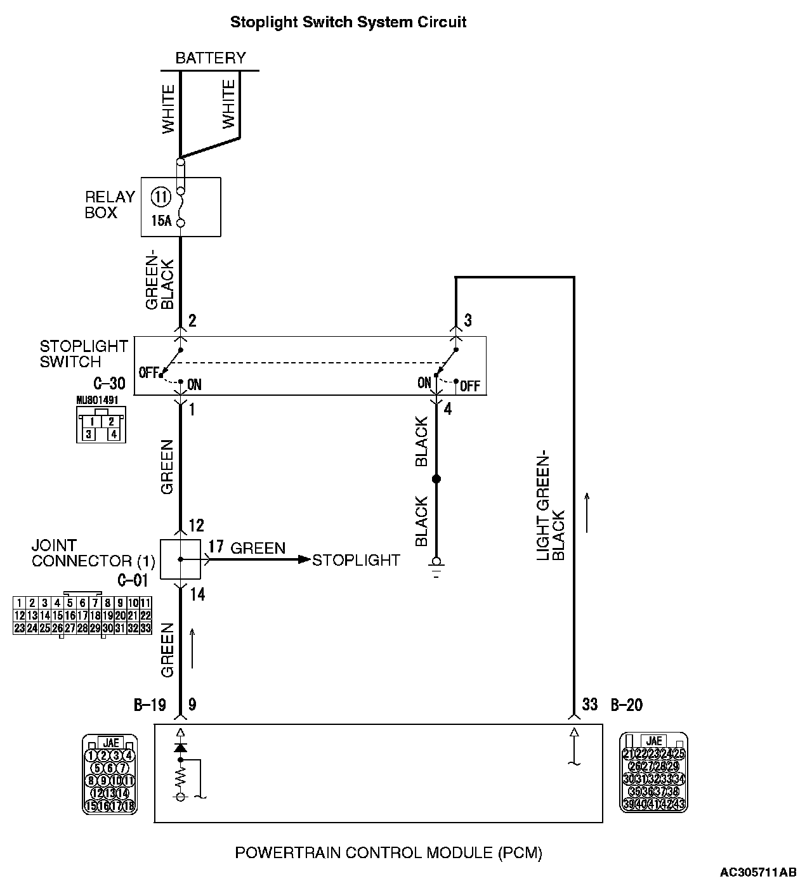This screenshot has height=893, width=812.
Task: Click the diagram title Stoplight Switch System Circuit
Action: tap(348, 22)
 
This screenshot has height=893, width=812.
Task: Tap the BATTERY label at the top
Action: tap(210, 58)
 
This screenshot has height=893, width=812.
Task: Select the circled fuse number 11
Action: tap(161, 197)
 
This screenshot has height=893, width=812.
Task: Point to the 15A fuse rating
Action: tap(161, 221)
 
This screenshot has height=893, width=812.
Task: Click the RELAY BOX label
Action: tap(110, 205)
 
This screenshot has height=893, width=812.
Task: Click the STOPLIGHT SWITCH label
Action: tap(84, 354)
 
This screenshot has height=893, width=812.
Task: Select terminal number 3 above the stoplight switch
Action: tap(468, 320)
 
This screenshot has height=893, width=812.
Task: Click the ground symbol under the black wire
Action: tap(436, 564)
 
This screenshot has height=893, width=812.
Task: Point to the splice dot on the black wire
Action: tap(436, 479)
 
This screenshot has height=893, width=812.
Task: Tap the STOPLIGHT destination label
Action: tap(356, 560)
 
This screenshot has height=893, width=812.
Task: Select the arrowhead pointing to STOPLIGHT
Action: tap(304, 559)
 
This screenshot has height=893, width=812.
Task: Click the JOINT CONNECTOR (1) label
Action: tap(93, 553)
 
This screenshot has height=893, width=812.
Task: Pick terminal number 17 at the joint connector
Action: tap(216, 546)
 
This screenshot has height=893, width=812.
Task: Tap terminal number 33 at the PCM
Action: tap(590, 705)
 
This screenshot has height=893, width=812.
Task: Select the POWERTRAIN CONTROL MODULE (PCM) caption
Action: tap(388, 852)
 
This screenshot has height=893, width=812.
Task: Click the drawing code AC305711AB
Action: tap(757, 873)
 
